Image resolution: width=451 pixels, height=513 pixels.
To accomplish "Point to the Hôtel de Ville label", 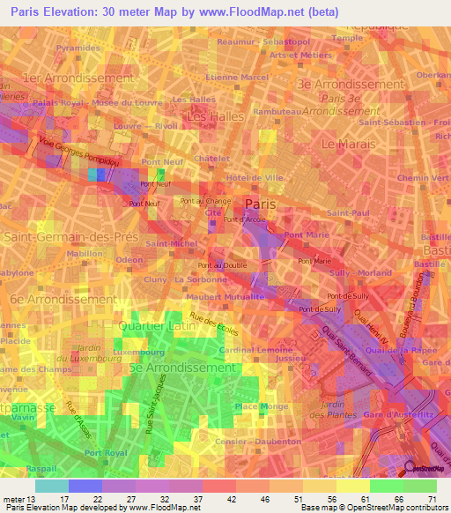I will [255, 177].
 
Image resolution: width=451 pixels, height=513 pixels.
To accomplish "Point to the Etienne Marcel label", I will [236, 78].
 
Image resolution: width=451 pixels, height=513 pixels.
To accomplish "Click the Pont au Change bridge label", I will [200, 202].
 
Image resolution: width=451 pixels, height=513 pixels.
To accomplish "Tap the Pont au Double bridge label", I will [221, 265].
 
